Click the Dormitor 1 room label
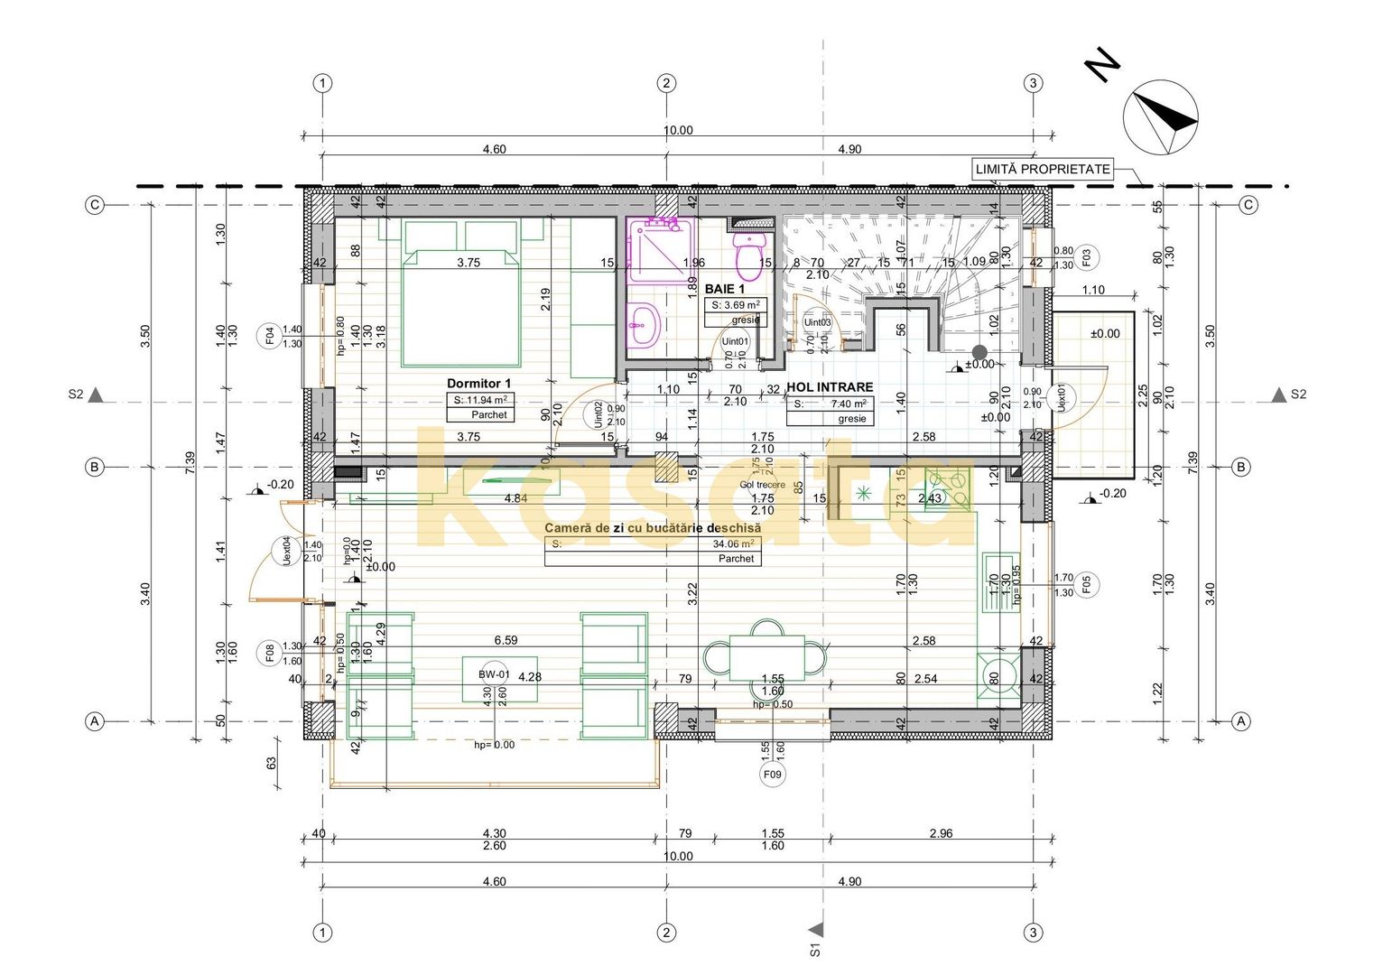click(x=478, y=384)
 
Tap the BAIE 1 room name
click(x=724, y=289)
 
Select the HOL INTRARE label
click(x=830, y=387)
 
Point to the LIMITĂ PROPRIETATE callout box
click(x=1043, y=169)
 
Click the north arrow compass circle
click(x=1160, y=117)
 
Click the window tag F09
click(x=773, y=775)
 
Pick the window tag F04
click(x=269, y=337)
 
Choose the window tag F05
click(x=1087, y=585)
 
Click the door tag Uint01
click(x=735, y=341)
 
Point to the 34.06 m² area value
click(x=732, y=543)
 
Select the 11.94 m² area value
click(x=480, y=400)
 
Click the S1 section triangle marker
click(x=817, y=930)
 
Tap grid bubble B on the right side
click(x=1242, y=467)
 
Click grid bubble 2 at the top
click(x=666, y=83)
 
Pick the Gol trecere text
click(x=762, y=485)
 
